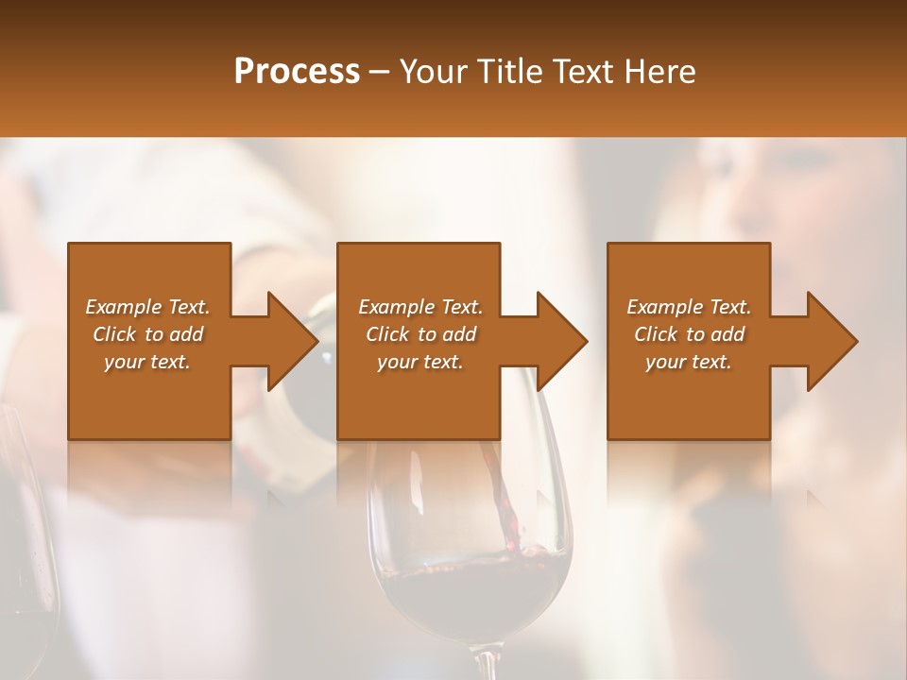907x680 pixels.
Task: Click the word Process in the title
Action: tap(297, 71)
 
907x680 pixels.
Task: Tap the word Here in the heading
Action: tap(658, 71)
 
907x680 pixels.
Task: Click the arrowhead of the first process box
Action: tap(294, 341)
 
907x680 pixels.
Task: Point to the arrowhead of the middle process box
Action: tap(563, 341)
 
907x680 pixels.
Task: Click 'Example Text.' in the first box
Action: tap(147, 307)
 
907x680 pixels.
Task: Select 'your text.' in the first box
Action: tap(147, 362)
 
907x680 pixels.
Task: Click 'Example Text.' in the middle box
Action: tap(420, 307)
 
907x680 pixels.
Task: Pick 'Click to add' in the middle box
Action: tap(420, 334)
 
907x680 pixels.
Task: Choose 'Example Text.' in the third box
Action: tap(689, 307)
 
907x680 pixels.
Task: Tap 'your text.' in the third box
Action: tap(689, 362)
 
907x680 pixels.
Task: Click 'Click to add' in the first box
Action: tap(147, 334)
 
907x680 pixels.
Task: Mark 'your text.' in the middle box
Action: tap(420, 362)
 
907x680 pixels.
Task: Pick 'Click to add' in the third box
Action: tap(689, 334)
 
